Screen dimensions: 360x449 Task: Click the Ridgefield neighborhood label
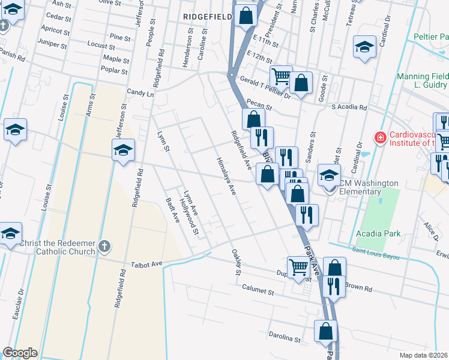tap(208, 17)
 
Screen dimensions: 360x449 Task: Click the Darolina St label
tap(284, 339)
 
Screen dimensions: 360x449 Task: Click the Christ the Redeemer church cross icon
tap(104, 246)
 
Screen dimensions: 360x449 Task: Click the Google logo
tap(20, 352)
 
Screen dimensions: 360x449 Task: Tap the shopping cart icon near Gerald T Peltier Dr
tap(280, 76)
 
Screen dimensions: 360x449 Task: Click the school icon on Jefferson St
tap(123, 149)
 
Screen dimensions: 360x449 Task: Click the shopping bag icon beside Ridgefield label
tap(246, 16)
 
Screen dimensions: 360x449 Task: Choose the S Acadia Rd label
tap(349, 107)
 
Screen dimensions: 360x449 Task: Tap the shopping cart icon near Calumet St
tap(298, 268)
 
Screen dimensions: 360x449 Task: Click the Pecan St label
tap(258, 106)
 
